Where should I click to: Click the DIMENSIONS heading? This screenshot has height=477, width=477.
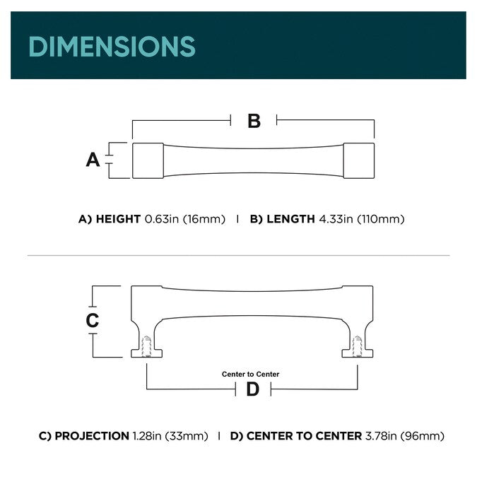pos(112,47)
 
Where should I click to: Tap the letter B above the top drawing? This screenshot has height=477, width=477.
pos(254,121)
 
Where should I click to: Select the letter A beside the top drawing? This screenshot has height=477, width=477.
pos(93,160)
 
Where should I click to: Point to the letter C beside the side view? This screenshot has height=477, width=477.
pos(93,320)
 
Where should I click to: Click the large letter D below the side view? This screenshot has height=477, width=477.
pos(252,389)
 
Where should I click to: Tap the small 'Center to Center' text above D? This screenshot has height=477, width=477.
pos(250,374)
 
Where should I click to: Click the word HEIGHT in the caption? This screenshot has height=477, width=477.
pos(118,219)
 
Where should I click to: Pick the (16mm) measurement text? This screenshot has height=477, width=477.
pos(204,219)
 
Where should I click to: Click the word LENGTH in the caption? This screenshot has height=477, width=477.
pos(290,219)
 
